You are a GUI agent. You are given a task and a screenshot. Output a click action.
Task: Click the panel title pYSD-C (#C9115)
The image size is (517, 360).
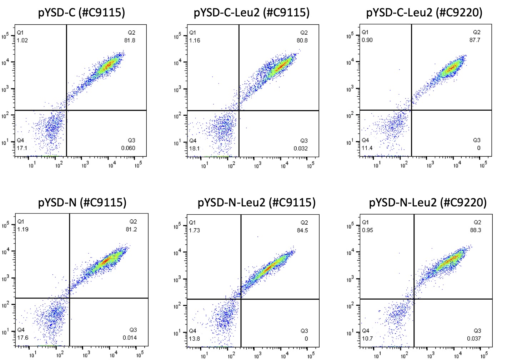point(81,13)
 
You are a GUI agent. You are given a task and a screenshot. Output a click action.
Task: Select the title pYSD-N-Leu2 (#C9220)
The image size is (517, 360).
point(427,203)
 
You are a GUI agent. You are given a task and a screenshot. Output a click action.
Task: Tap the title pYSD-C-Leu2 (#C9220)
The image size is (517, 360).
point(424,13)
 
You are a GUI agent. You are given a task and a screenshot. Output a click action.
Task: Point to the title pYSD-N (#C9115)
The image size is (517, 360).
point(82,203)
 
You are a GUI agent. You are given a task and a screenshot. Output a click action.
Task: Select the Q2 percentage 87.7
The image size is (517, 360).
point(475,40)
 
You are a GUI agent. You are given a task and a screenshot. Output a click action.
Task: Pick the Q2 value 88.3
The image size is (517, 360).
point(475,230)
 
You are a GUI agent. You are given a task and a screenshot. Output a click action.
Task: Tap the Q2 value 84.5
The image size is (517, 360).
point(302,230)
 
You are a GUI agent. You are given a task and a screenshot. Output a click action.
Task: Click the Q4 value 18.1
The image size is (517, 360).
point(195,149)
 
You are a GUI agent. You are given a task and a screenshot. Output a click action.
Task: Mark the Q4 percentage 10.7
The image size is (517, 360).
point(367,338)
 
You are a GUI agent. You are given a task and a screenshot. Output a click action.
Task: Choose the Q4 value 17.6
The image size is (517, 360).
point(22,337)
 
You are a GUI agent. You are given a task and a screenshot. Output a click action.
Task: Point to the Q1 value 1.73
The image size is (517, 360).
point(195,230)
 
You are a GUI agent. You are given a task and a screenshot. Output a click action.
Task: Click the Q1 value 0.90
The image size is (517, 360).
point(367,40)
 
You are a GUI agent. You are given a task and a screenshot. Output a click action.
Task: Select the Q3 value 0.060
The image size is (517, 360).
point(128,148)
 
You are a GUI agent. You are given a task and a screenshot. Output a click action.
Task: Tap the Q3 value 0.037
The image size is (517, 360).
point(474,339)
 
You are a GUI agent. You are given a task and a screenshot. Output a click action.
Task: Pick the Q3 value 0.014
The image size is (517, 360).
point(130,338)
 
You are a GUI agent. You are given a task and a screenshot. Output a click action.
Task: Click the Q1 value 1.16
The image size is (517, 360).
point(195,40)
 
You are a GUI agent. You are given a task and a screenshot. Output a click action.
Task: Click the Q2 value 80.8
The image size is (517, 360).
point(302,40)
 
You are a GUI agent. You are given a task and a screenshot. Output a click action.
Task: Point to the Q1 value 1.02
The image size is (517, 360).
point(22,40)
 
